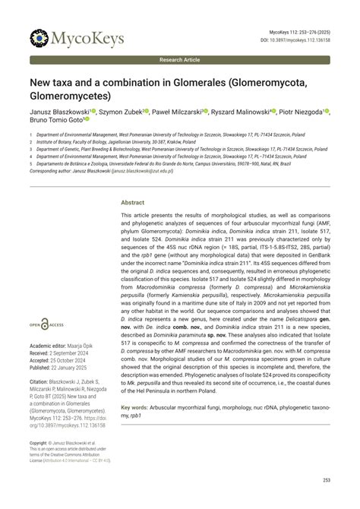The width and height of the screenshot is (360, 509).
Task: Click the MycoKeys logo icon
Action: coord(39,37)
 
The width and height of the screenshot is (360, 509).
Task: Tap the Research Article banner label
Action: coord(180,59)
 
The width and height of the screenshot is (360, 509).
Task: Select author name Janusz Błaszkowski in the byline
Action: coord(60,111)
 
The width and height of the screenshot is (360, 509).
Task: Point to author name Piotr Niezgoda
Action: coord(301,111)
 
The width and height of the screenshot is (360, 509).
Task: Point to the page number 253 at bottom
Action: coord(326,479)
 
